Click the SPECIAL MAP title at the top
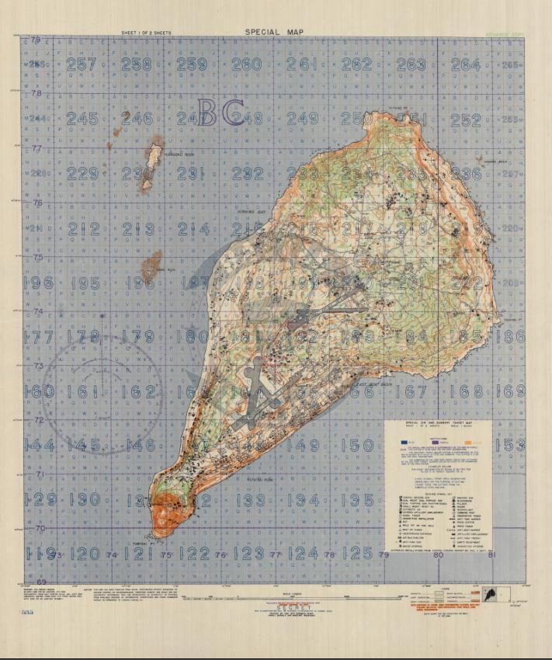point(274,32)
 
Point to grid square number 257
point(82,64)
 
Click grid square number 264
point(466,64)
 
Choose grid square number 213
point(137,229)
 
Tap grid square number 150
point(358,445)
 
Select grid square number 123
point(249,554)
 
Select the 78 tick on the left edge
point(35,93)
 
